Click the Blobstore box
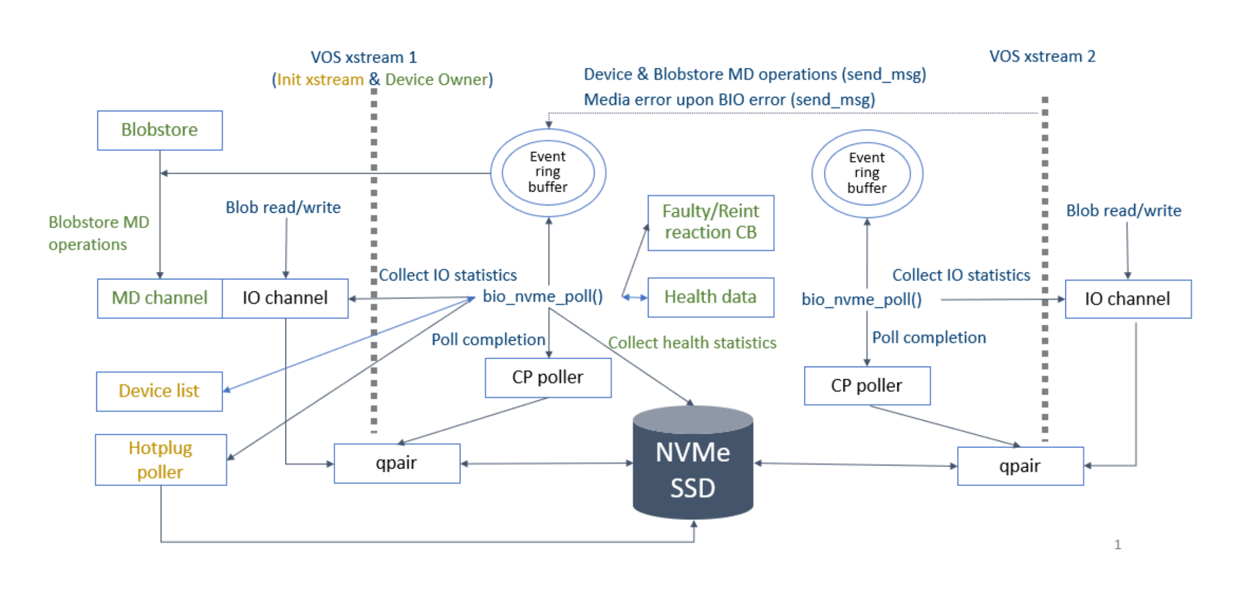pyautogui.click(x=159, y=130)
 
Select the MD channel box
pyautogui.click(x=159, y=298)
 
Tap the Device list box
pyautogui.click(x=159, y=391)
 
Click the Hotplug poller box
pyautogui.click(x=161, y=460)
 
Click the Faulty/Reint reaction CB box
pyautogui.click(x=710, y=223)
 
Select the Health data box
pyautogui.click(x=710, y=297)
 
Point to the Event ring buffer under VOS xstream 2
pyautogui.click(x=867, y=173)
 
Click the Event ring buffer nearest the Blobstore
pyautogui.click(x=548, y=172)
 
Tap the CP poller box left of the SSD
pyautogui.click(x=548, y=377)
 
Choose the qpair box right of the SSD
pyautogui.click(x=1020, y=466)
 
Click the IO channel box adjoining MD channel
pyautogui.click(x=285, y=298)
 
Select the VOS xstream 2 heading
pyautogui.click(x=1042, y=56)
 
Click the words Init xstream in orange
pyautogui.click(x=320, y=80)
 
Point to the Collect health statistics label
pyautogui.click(x=692, y=343)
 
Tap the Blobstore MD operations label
pyautogui.click(x=98, y=233)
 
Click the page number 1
pyautogui.click(x=1117, y=544)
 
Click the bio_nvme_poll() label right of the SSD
pyautogui.click(x=861, y=299)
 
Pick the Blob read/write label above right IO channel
pyautogui.click(x=1123, y=211)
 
